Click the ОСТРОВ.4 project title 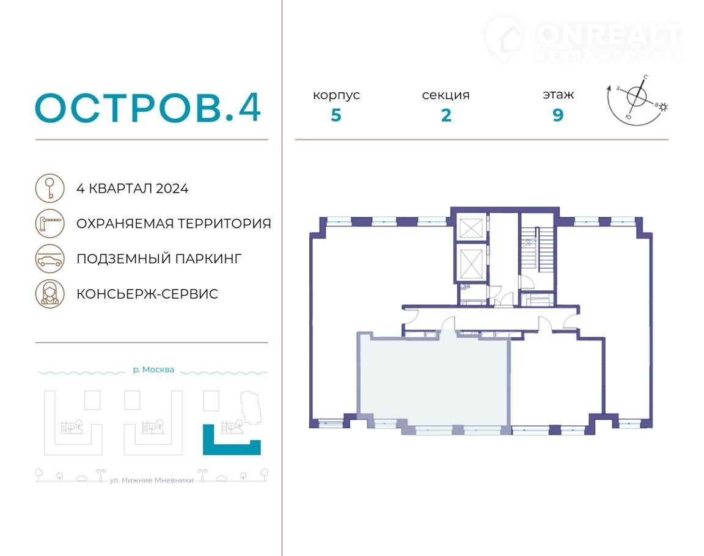point(148,108)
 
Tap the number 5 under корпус point(336,115)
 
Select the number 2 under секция point(446,115)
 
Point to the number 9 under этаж point(557,115)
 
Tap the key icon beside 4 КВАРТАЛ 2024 point(50,188)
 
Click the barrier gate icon point(50,223)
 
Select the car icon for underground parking point(50,258)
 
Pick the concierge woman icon point(50,293)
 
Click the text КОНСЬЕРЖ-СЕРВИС point(147,294)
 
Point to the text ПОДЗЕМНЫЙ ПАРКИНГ point(159,259)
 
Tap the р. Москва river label point(153,370)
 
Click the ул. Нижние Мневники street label point(152,480)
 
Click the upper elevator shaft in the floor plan point(471,227)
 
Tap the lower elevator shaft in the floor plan point(471,263)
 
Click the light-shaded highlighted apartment point(434,381)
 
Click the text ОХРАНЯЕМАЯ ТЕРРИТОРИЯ point(174,224)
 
